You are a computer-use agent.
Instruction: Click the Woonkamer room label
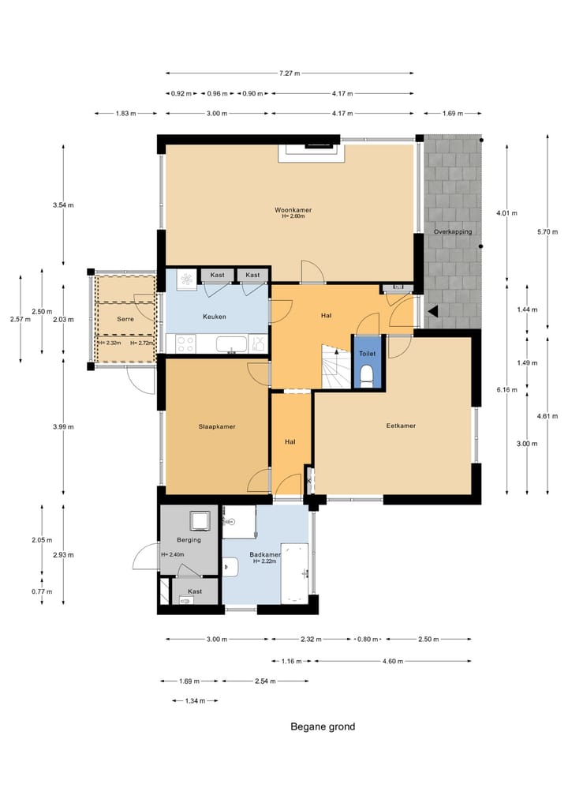[x=293, y=210]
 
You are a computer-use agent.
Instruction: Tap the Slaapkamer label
[x=217, y=426]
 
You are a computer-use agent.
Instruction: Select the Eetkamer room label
[x=401, y=426]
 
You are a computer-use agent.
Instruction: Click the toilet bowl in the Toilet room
[x=367, y=374]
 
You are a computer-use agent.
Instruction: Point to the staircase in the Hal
[x=336, y=366]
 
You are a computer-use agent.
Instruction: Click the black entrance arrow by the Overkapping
[x=433, y=311]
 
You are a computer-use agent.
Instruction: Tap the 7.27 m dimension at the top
[x=290, y=73]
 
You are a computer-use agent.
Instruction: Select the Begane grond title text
[x=323, y=726]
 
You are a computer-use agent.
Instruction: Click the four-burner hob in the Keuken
[x=185, y=343]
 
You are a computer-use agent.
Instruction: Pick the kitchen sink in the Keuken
[x=231, y=343]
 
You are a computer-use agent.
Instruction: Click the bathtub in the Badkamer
[x=294, y=573]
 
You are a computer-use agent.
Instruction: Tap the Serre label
[x=125, y=319]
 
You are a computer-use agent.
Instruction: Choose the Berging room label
[x=189, y=540]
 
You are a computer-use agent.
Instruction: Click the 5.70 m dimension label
[x=547, y=232]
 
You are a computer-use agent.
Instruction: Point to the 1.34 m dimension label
[x=195, y=700]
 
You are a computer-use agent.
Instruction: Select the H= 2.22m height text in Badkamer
[x=264, y=561]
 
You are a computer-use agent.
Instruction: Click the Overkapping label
[x=453, y=231]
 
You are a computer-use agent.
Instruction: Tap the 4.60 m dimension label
[x=393, y=661]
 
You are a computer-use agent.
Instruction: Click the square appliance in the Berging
[x=200, y=521]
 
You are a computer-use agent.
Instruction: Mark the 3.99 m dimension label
[x=63, y=426]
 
